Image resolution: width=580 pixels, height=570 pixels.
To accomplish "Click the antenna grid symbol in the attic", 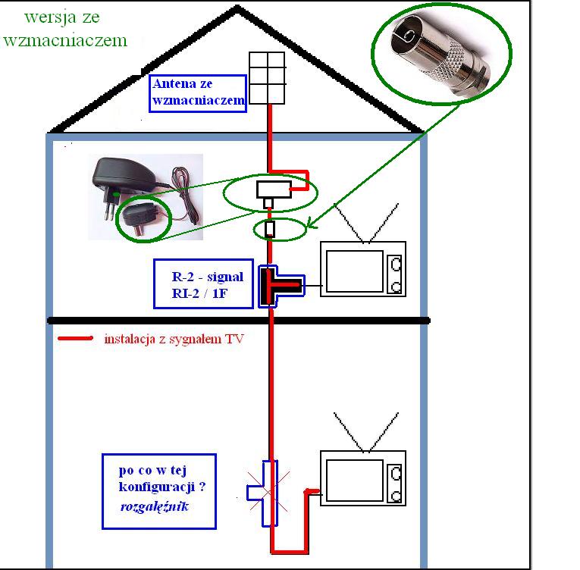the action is pyautogui.click(x=267, y=78).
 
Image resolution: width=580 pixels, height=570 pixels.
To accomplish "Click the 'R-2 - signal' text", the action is pyautogui.click(x=208, y=277).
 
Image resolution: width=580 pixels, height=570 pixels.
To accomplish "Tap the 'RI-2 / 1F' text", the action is pyautogui.click(x=199, y=293).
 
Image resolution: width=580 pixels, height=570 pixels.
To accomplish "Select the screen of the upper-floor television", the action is pyautogui.click(x=354, y=271).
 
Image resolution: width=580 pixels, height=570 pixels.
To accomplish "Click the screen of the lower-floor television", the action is pyautogui.click(x=354, y=480).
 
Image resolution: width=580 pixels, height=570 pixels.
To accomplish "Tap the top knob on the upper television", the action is pyautogui.click(x=397, y=264).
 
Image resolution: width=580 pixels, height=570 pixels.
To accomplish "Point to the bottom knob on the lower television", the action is pyautogui.click(x=397, y=496).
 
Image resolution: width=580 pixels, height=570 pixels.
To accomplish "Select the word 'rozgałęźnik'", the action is pyautogui.click(x=155, y=506).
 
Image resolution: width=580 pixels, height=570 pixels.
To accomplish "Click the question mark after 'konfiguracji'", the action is pyautogui.click(x=202, y=487).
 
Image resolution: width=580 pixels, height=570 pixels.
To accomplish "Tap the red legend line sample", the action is pyautogui.click(x=76, y=338).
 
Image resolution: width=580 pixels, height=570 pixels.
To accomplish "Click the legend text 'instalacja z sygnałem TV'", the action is pyautogui.click(x=174, y=339).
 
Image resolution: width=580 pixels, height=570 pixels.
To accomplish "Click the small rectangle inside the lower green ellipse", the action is pyautogui.click(x=270, y=229).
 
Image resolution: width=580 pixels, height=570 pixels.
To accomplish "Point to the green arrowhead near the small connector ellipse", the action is pyautogui.click(x=312, y=224).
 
